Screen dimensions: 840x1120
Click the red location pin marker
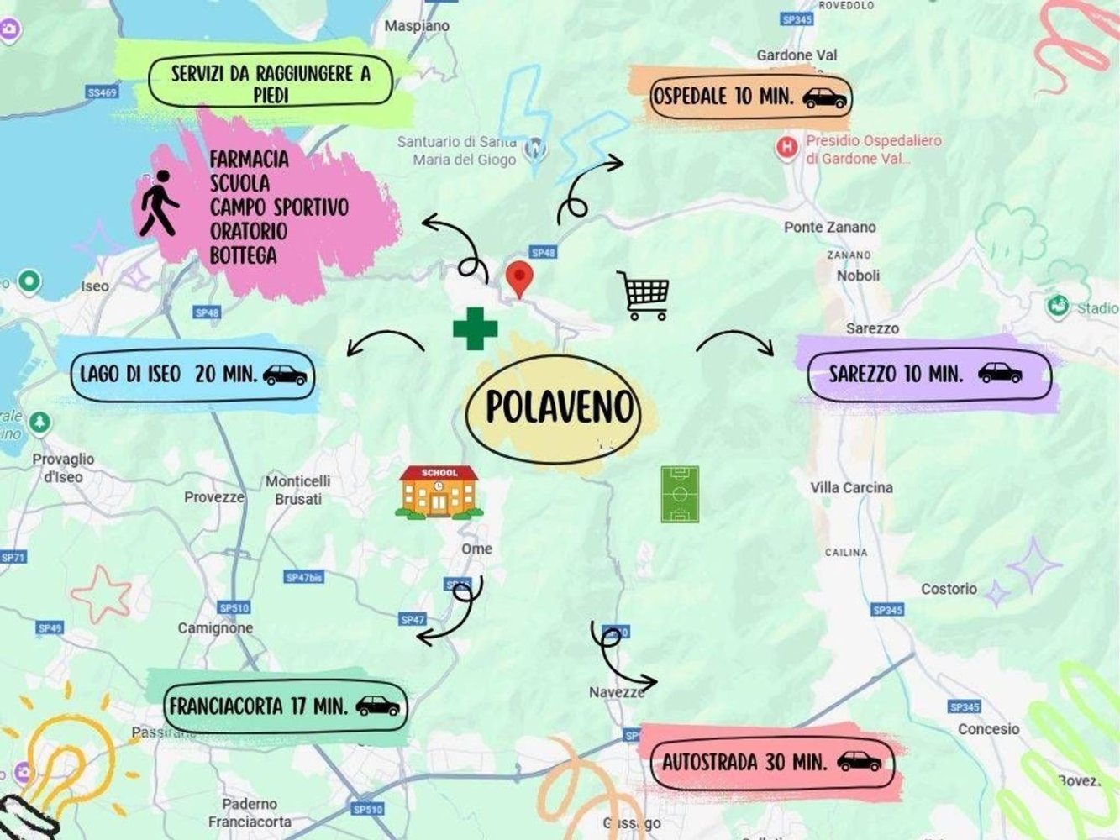(x=520, y=278)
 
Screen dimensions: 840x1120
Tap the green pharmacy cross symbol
(x=475, y=328)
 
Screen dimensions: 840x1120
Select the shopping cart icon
(x=644, y=295)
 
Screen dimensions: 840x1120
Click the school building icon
(x=439, y=492)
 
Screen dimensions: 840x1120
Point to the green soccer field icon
(x=680, y=495)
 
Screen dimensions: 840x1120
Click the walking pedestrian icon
(x=158, y=203)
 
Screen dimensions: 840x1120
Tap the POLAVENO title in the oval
(x=559, y=407)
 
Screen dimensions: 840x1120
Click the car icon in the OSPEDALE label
(x=824, y=97)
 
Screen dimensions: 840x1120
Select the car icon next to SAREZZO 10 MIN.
(x=1000, y=373)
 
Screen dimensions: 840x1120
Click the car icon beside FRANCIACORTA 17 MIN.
(x=378, y=706)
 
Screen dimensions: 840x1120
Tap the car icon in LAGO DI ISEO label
(x=286, y=375)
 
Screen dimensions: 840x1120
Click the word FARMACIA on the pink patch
(x=249, y=159)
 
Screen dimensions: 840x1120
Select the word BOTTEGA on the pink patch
(x=243, y=255)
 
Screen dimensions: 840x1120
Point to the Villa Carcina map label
(x=851, y=487)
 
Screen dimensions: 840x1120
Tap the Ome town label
(x=476, y=549)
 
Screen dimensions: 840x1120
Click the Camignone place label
(x=215, y=627)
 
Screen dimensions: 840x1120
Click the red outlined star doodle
(x=100, y=593)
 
